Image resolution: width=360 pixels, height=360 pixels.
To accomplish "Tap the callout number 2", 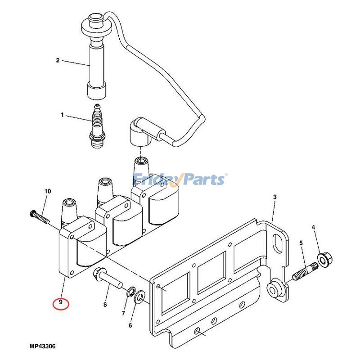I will pyautogui.click(x=58, y=60).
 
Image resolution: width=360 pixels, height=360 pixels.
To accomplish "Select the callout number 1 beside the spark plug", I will pyautogui.click(x=63, y=115).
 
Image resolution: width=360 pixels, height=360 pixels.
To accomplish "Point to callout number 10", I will pyautogui.click(x=48, y=191).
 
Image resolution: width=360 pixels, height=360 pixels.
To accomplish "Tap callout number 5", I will pyautogui.click(x=301, y=243).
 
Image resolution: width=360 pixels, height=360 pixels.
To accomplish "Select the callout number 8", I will pyautogui.click(x=105, y=305).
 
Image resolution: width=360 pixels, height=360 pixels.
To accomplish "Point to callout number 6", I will pyautogui.click(x=130, y=325).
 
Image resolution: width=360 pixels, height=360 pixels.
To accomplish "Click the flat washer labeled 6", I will pyautogui.click(x=140, y=296).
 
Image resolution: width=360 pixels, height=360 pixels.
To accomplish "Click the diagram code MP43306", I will pyautogui.click(x=45, y=346).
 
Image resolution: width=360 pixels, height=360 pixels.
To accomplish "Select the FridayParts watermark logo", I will pyautogui.click(x=180, y=180).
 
